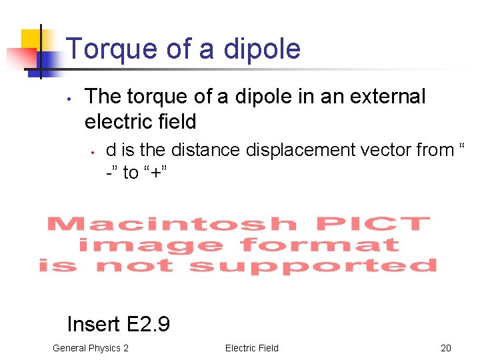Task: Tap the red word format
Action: tap(320, 245)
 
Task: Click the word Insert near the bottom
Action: tap(93, 325)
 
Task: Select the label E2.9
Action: tap(146, 325)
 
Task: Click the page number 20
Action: tap(446, 348)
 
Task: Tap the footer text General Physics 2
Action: tap(91, 348)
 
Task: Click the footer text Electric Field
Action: tap(252, 348)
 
